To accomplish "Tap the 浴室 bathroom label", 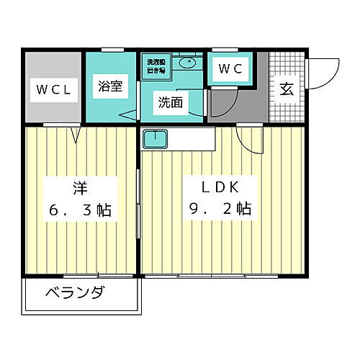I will click(112, 84).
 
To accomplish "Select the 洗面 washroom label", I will click(171, 103).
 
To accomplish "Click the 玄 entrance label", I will click(286, 90).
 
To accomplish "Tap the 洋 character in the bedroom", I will click(79, 189).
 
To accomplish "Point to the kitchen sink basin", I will click(155, 138).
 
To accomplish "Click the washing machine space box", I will click(156, 66).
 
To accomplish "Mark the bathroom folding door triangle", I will click(127, 113).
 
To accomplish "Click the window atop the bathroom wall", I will click(112, 50).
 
